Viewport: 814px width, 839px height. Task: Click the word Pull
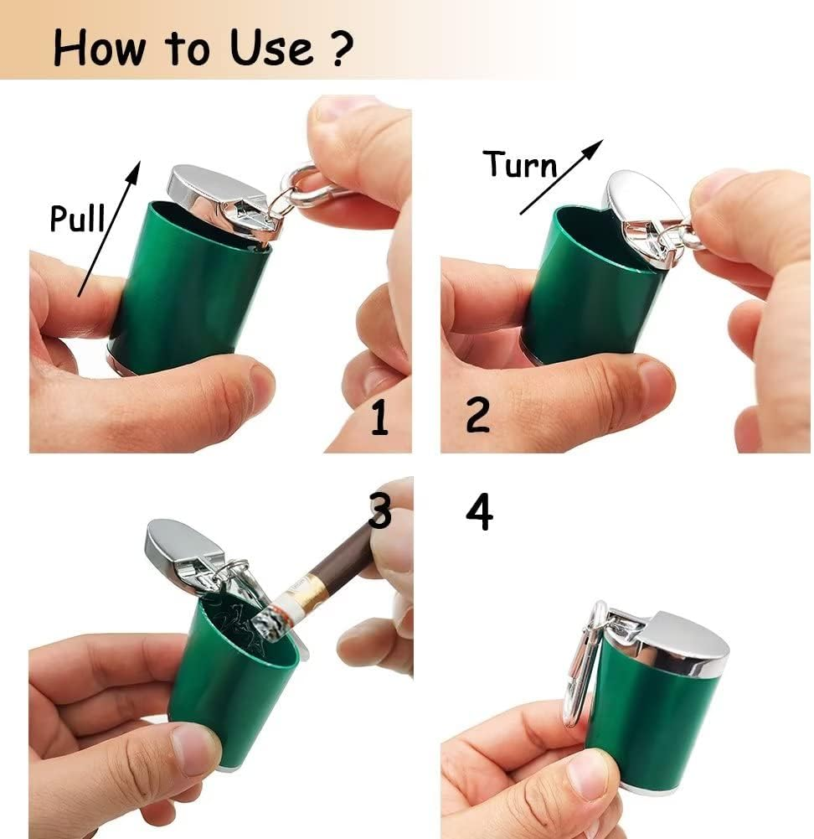(x=76, y=218)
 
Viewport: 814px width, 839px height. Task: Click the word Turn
(x=520, y=165)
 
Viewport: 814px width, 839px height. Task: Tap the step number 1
(x=379, y=417)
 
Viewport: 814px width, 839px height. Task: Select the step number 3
(x=379, y=511)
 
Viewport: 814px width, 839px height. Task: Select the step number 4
(x=479, y=512)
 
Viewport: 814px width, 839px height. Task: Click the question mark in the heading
(x=336, y=49)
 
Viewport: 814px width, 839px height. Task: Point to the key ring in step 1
(x=310, y=185)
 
